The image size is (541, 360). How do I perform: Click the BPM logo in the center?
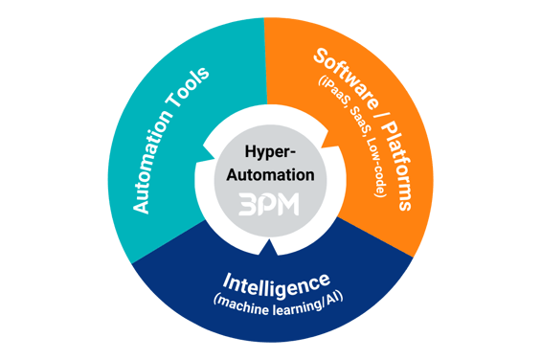pos(269,206)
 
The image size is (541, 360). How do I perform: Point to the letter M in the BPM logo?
pos(288,206)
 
